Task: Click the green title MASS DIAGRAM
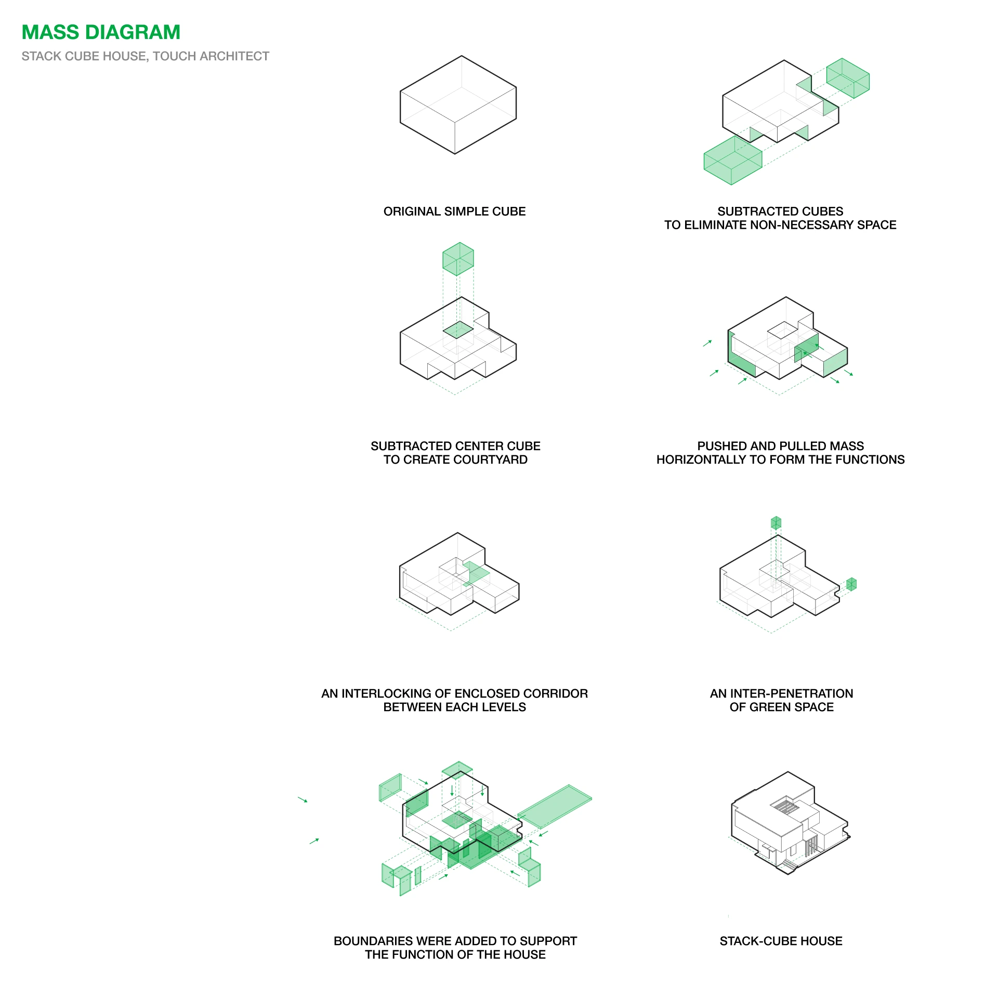click(x=101, y=32)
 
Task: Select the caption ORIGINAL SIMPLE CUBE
click(x=454, y=212)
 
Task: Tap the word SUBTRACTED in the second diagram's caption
click(x=755, y=212)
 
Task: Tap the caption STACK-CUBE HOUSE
click(x=781, y=941)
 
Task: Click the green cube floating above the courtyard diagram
click(x=458, y=259)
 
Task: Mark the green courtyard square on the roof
click(x=458, y=330)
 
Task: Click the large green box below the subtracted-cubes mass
click(x=732, y=160)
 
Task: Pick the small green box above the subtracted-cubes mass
click(x=848, y=78)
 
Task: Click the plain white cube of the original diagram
click(x=458, y=105)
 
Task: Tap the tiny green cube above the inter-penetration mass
click(x=776, y=523)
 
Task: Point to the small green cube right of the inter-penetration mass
click(x=851, y=584)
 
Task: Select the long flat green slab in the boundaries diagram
click(x=555, y=806)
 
